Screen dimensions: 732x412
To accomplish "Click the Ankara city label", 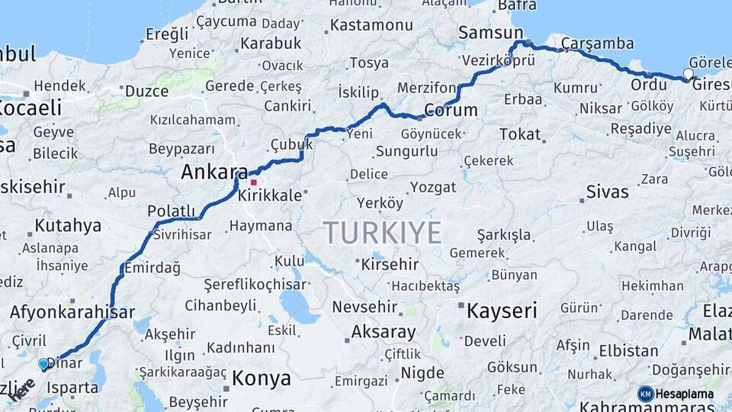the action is [x=214, y=172].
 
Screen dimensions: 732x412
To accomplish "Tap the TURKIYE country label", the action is [x=382, y=232].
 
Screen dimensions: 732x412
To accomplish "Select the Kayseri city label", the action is [x=502, y=311].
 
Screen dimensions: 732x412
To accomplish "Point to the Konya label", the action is [x=262, y=378].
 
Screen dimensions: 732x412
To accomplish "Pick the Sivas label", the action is [x=608, y=192].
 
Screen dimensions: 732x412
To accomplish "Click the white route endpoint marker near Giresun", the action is [x=689, y=74].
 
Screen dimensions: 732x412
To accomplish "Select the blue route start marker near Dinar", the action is [x=43, y=365].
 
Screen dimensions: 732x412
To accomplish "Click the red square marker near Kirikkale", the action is [x=254, y=182].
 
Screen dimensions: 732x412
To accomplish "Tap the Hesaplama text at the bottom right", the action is [x=685, y=394].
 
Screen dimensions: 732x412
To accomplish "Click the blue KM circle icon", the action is [x=646, y=394].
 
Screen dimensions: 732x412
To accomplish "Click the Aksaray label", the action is [x=384, y=332].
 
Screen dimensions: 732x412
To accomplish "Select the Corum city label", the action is [x=451, y=110].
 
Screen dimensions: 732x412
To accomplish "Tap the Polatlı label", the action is [x=171, y=211].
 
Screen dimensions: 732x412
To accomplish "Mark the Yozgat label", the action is [x=432, y=187].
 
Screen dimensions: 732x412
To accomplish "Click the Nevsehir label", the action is [x=364, y=307].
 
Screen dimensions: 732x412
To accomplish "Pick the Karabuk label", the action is [x=271, y=43].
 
